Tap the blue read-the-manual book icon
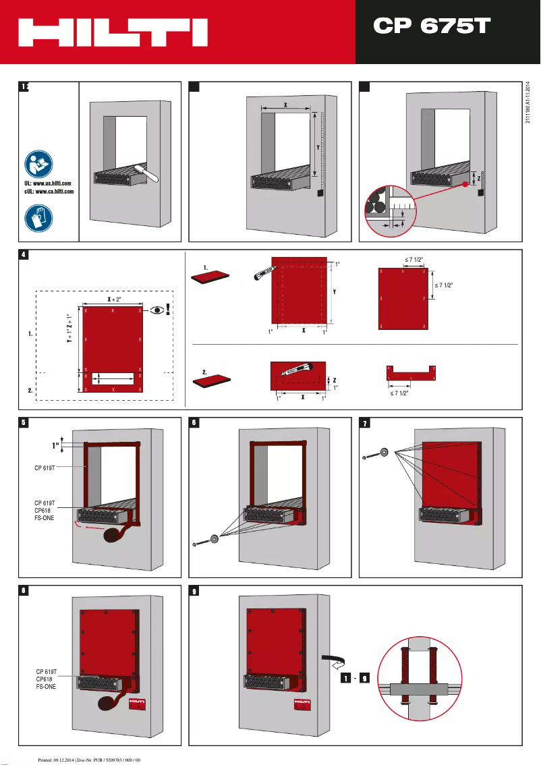tap(38, 164)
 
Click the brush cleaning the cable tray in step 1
tap(144, 172)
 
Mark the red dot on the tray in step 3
tap(465, 183)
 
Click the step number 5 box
tap(24, 422)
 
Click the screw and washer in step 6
tap(205, 540)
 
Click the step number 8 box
tap(24, 590)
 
